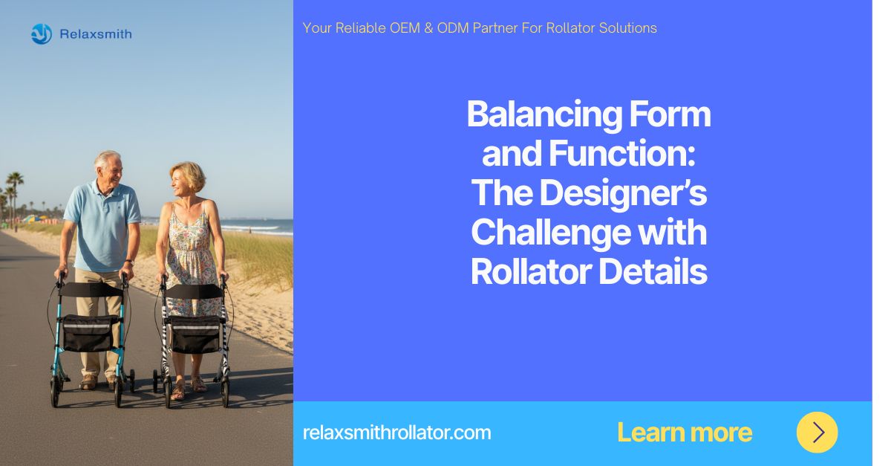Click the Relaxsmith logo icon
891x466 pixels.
[42, 34]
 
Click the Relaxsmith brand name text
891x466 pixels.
[96, 34]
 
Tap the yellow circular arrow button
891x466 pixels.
[817, 432]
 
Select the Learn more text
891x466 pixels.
[684, 433]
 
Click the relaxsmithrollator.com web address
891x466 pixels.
[396, 433]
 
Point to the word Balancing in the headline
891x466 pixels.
[544, 115]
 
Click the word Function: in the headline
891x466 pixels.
[621, 153]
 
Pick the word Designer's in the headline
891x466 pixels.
[623, 194]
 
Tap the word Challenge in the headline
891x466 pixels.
[551, 233]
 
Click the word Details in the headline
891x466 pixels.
[653, 271]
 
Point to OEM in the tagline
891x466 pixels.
[405, 28]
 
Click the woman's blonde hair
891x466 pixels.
[189, 175]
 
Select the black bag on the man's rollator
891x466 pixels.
[88, 334]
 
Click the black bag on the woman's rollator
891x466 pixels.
[196, 334]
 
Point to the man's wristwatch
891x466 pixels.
[129, 262]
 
